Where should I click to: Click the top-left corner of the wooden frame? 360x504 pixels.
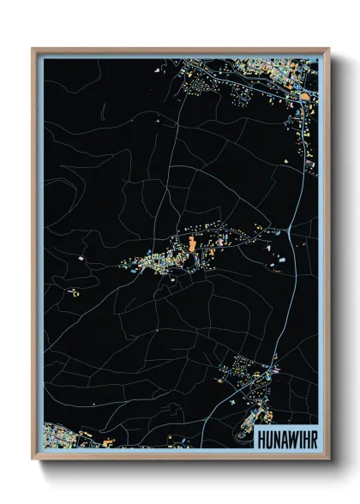pos(33,49)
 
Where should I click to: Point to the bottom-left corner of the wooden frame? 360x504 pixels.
pos(33,459)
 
